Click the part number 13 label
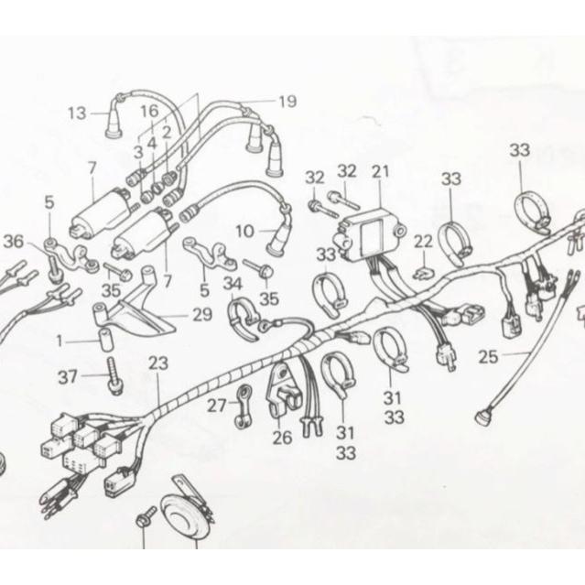tap(76, 114)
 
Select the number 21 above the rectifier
tap(381, 171)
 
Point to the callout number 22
tap(422, 241)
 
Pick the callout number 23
tap(158, 363)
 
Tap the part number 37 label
tap(68, 376)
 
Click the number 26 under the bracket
tap(282, 438)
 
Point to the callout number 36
tap(13, 241)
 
